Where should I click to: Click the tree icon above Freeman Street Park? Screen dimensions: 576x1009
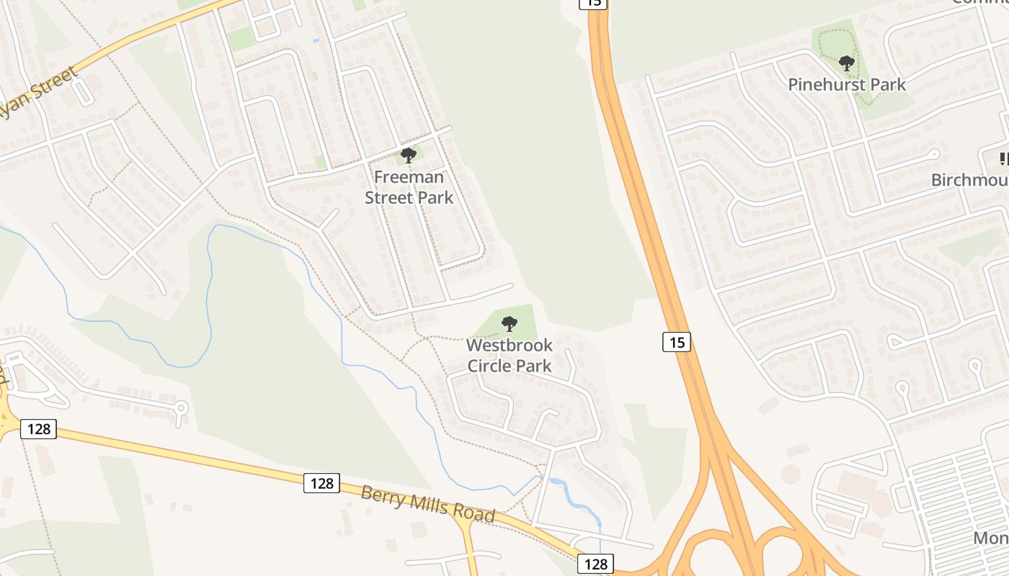coord(409,155)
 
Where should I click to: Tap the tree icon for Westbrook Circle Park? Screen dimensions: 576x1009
coord(510,324)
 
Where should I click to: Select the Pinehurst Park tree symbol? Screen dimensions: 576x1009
coord(847,63)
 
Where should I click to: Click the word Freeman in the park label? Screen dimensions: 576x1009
coord(409,177)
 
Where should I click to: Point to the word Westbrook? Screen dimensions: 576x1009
coord(510,346)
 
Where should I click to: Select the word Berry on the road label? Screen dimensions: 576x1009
coord(381,496)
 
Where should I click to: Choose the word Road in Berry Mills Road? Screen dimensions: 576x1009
coord(475,514)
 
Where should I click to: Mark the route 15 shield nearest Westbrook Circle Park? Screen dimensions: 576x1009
coord(677,342)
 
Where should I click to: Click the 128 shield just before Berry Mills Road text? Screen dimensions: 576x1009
coord(321,483)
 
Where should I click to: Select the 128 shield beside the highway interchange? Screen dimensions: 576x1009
coord(595,564)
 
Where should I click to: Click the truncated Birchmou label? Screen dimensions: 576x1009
coord(969,179)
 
